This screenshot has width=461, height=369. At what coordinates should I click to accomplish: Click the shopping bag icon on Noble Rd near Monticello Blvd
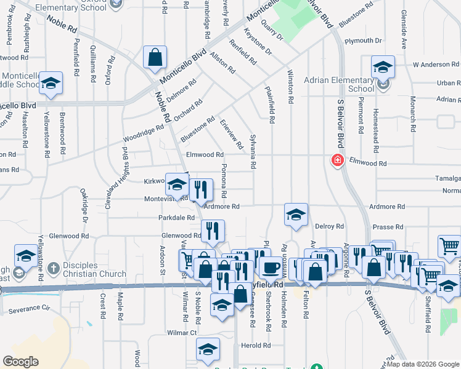pyautogui.click(x=155, y=57)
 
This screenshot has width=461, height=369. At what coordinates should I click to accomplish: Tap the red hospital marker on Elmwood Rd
pyautogui.click(x=337, y=161)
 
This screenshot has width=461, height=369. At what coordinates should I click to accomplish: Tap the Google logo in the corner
pyautogui.click(x=20, y=362)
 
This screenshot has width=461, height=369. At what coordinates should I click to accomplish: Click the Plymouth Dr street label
pyautogui.click(x=364, y=41)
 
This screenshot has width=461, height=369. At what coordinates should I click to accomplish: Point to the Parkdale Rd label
pyautogui.click(x=176, y=218)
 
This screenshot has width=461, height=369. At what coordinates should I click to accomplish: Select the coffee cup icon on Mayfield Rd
pyautogui.click(x=270, y=266)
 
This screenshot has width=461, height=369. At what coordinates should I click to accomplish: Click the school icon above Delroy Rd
pyautogui.click(x=296, y=215)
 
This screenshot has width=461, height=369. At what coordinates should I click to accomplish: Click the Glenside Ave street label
pyautogui.click(x=404, y=38)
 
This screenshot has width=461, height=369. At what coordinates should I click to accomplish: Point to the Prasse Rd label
pyautogui.click(x=387, y=227)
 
